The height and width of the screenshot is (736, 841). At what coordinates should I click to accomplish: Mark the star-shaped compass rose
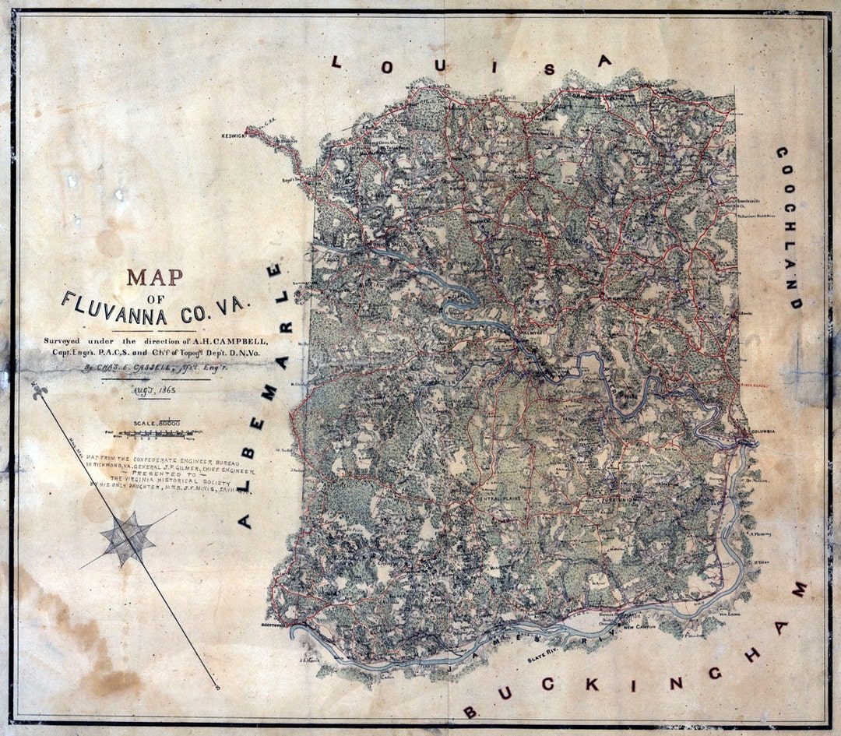tap(128, 538)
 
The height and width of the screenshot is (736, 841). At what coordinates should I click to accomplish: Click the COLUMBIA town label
tap(764, 431)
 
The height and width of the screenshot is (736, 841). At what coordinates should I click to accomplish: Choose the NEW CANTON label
tap(639, 626)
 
